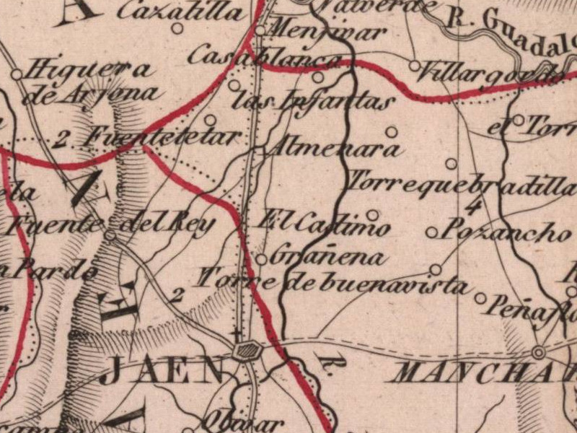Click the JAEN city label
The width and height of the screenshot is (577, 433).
(x=162, y=371)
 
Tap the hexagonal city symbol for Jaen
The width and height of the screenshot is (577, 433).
(x=247, y=351)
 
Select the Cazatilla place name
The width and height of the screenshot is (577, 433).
(x=180, y=12)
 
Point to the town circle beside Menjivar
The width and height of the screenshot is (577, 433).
(x=260, y=31)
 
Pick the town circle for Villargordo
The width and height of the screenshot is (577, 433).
(x=415, y=66)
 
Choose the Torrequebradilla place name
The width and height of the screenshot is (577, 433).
(x=462, y=185)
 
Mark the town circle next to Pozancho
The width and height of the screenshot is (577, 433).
(x=431, y=232)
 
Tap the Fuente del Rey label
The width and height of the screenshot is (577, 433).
(x=108, y=224)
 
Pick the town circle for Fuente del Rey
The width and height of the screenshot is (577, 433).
(x=110, y=235)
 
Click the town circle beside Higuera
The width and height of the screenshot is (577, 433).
(x=16, y=74)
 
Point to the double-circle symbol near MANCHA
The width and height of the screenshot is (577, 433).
(x=537, y=352)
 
